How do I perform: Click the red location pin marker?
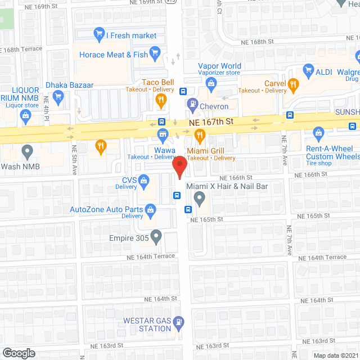[x=179, y=166]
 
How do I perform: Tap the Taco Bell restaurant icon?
[x=161, y=101]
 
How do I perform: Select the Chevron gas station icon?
[x=192, y=104]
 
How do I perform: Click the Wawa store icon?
[x=163, y=134]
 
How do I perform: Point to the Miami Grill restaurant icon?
[x=199, y=134]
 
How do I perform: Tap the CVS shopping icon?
[x=144, y=181]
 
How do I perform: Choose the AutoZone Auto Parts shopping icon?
[x=151, y=210]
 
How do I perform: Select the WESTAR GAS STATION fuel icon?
[x=179, y=322]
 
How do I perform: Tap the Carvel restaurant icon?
[x=292, y=85]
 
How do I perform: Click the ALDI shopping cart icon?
[x=308, y=71]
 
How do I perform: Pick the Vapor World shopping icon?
[x=211, y=85]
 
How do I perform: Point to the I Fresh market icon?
[x=100, y=35]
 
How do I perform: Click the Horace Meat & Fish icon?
[x=156, y=54]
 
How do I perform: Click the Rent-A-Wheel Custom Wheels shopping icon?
[x=319, y=133]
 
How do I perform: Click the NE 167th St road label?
[x=211, y=122]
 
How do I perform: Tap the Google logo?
[x=19, y=353]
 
